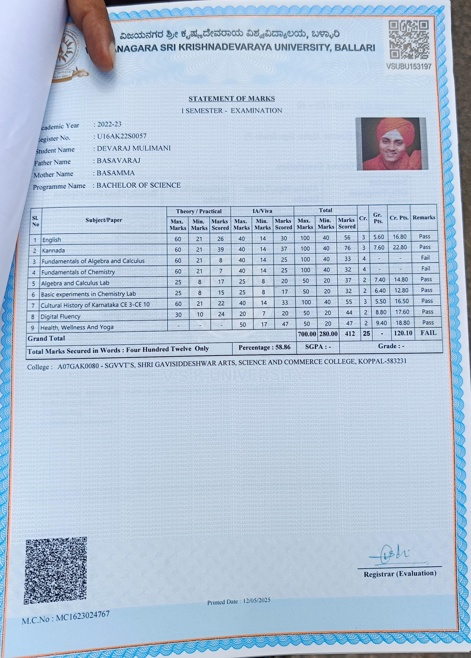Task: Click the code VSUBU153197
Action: pos(409,66)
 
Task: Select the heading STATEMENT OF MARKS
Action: pos(231,99)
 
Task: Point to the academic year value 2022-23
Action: pos(109,124)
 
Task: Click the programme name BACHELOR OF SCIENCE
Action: pos(138,185)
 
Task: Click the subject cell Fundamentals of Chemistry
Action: pos(78,272)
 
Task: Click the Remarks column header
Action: pos(424,217)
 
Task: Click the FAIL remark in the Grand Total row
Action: pos(428,333)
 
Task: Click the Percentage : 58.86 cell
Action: pos(264,347)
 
